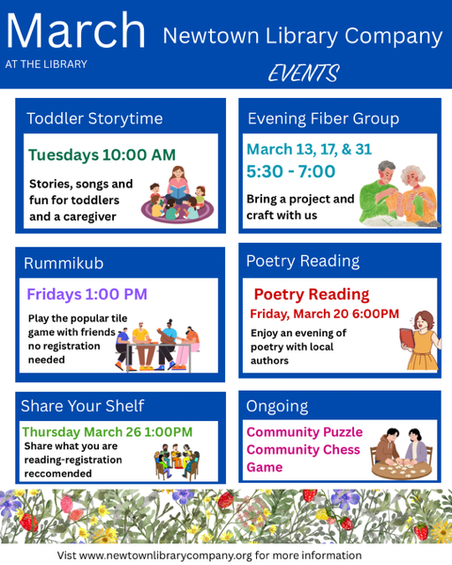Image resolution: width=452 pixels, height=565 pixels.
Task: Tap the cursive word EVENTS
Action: (x=303, y=74)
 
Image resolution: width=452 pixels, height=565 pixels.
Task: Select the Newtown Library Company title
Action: (x=302, y=36)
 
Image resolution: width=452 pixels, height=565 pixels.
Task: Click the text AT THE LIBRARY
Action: (x=46, y=64)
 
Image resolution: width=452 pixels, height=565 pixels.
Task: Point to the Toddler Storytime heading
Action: (x=94, y=118)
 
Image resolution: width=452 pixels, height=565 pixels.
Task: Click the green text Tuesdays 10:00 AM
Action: (x=102, y=154)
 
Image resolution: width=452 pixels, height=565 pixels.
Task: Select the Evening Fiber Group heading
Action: (x=323, y=118)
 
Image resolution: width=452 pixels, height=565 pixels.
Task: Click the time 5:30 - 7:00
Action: (x=291, y=171)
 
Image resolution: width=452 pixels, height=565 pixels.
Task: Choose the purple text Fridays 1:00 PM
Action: (x=87, y=294)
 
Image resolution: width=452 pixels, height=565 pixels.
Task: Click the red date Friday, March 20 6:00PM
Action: (x=324, y=314)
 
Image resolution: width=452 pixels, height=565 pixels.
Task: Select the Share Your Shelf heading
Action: (x=82, y=405)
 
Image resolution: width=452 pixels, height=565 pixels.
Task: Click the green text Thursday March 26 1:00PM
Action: (x=107, y=432)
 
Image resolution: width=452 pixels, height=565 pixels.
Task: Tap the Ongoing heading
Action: (x=277, y=406)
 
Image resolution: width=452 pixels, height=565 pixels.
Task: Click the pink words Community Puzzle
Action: (x=305, y=432)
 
